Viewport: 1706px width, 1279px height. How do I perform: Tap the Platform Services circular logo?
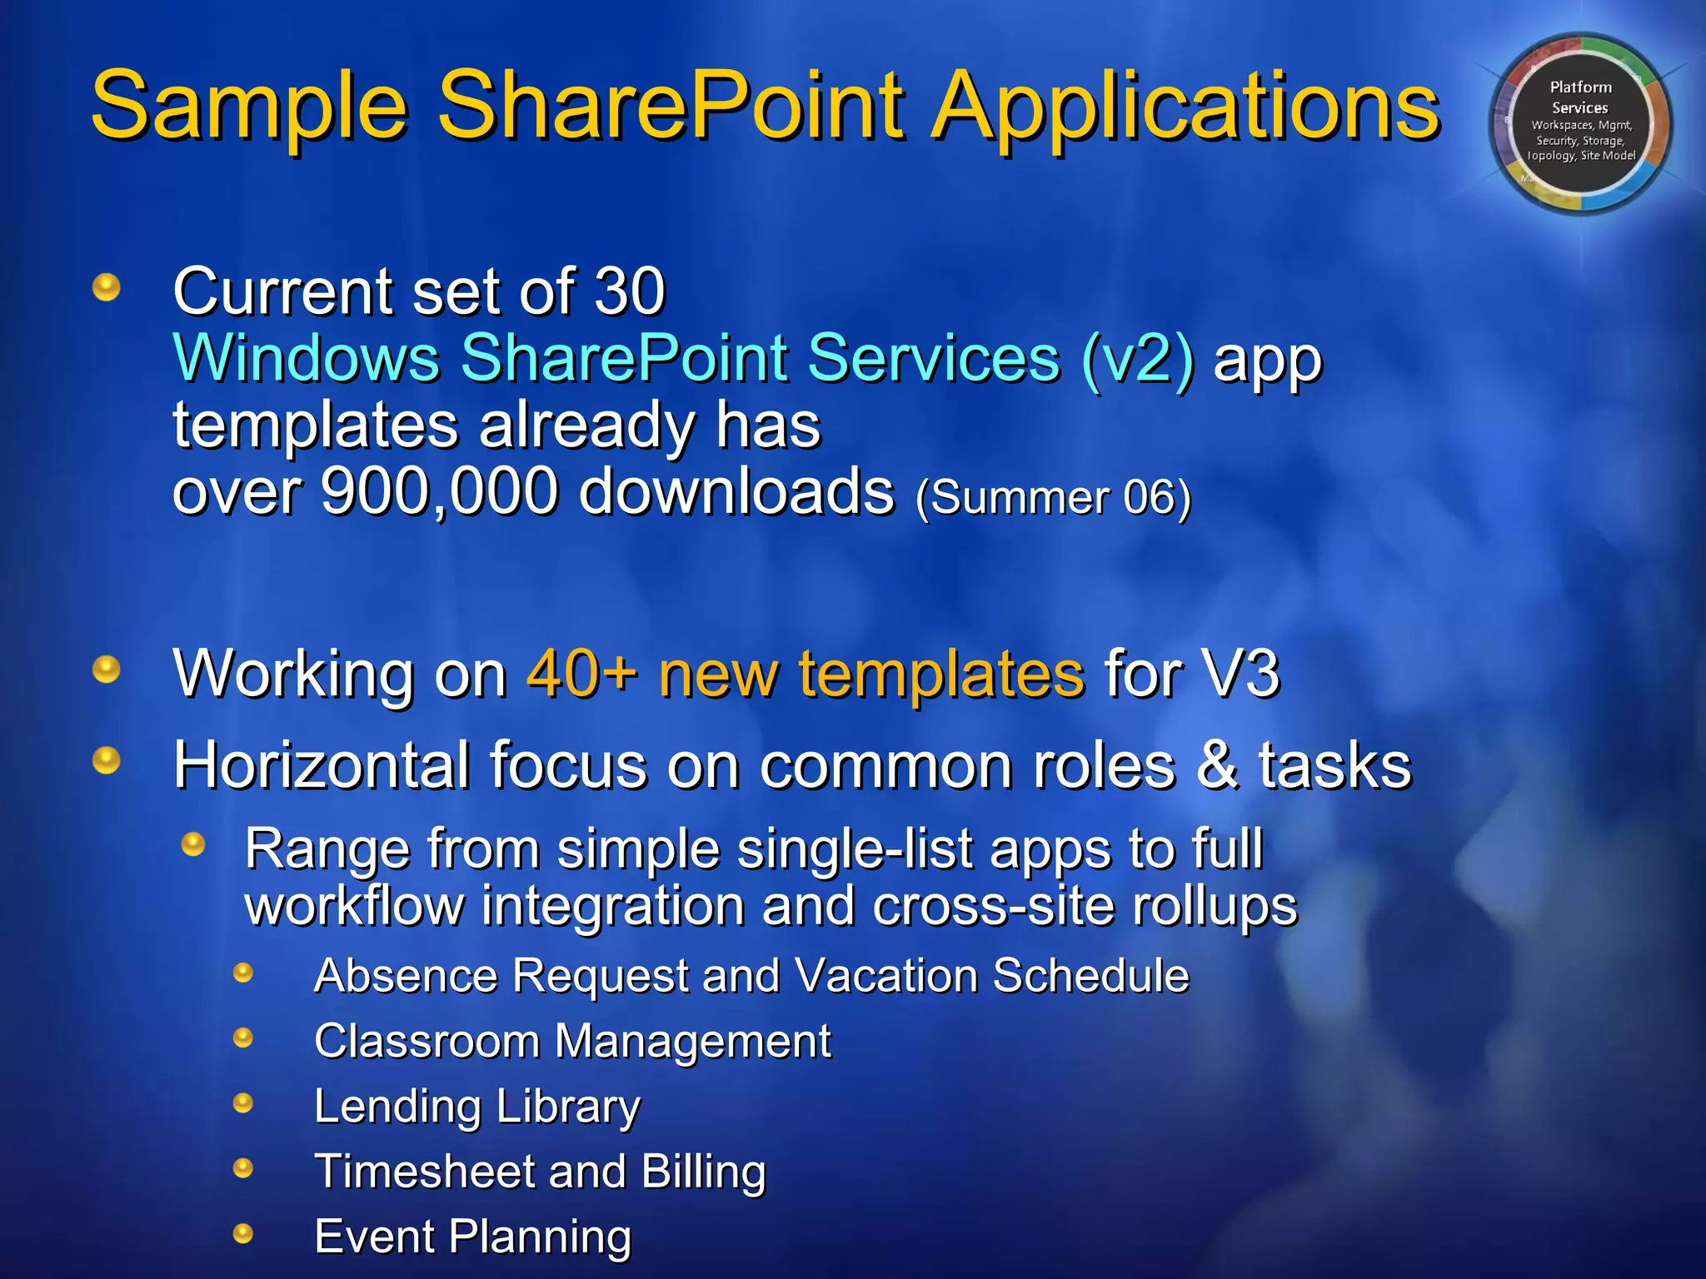1580,123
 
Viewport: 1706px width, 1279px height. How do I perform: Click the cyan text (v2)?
1138,358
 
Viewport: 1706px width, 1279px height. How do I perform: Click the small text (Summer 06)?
1053,497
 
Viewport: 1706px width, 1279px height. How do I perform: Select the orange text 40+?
582,673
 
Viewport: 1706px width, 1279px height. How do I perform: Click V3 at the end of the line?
1240,673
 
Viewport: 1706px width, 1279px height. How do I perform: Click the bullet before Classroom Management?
243,1038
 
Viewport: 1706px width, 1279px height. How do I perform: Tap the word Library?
568,1107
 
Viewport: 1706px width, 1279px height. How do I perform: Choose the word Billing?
703,1172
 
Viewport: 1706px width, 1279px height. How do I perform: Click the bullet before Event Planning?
243,1233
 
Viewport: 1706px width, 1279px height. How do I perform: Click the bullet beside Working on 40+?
107,669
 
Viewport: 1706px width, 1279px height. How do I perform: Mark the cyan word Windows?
306,358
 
